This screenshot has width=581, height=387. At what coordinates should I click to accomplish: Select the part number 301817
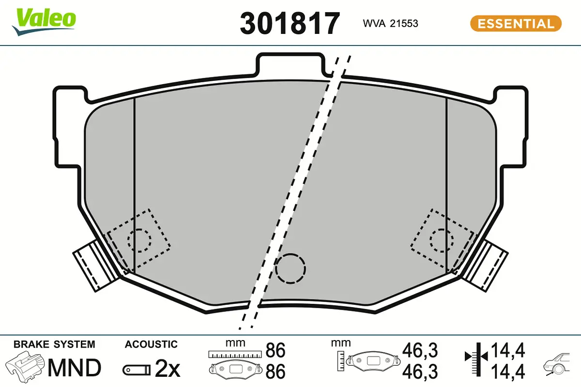coord(290,23)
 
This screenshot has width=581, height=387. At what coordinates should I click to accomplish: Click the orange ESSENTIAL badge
coord(516,23)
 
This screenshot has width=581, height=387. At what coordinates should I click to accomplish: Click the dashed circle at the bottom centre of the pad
coord(290,268)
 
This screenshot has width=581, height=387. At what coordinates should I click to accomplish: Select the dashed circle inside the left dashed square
coord(139,240)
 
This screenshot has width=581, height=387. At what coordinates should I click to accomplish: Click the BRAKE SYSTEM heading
coord(54,344)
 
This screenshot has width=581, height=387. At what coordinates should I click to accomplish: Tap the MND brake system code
coord(74,368)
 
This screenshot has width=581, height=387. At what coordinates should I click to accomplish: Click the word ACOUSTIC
coord(151,344)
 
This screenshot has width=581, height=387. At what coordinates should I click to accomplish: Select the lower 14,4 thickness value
coord(508,372)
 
